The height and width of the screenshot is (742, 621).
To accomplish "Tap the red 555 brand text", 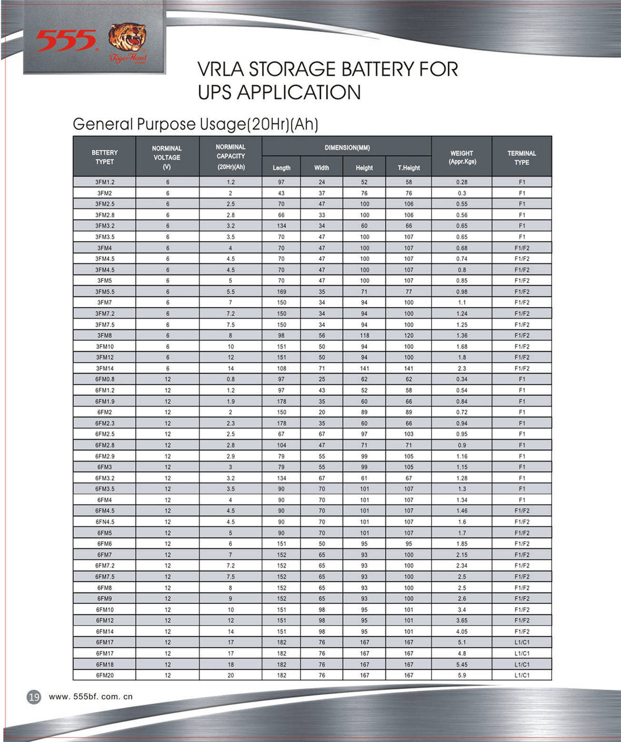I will [66, 41].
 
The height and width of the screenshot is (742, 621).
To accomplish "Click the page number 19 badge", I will [34, 697].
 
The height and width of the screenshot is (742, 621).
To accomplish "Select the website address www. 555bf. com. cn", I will [91, 696].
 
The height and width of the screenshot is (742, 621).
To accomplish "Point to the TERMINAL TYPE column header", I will [522, 158].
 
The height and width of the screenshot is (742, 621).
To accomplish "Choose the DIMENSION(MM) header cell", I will [347, 148].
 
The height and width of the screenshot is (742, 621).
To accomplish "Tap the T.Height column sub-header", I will [408, 168].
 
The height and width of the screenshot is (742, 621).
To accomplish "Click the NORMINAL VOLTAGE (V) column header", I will [167, 157].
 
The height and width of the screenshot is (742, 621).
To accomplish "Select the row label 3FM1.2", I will [105, 182].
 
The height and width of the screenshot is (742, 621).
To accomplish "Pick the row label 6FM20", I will [105, 675].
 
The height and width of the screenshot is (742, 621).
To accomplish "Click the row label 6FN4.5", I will [105, 522].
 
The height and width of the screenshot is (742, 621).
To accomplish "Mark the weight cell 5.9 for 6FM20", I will [462, 675].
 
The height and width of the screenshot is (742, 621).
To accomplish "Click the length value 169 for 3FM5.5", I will [282, 292].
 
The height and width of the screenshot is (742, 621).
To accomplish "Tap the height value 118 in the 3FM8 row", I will [364, 335].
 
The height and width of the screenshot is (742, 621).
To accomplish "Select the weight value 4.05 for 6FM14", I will [462, 631].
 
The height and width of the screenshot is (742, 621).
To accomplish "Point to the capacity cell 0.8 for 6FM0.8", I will [230, 379].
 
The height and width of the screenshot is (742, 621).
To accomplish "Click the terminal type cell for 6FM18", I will [522, 664].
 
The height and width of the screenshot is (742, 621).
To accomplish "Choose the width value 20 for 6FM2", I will [322, 412].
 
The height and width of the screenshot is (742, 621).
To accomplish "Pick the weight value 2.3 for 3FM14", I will [462, 368].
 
